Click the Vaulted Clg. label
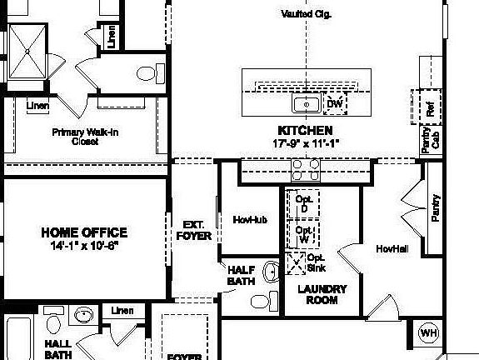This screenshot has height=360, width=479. click(307, 14)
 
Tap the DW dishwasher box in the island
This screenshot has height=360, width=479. click(335, 104)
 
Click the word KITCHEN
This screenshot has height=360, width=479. click(306, 131)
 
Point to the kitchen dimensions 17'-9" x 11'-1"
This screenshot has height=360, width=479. click(306, 142)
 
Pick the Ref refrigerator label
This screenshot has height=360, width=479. click(431, 108)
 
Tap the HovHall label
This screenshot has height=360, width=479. click(391, 249)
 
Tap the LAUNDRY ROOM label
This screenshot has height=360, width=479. click(322, 294)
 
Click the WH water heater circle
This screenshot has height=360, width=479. click(428, 333)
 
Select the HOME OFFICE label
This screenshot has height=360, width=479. click(85, 232)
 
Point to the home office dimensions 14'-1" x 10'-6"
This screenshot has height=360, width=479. click(85, 246)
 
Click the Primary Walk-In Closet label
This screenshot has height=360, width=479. click(87, 137)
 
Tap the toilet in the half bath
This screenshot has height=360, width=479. click(260, 299)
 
